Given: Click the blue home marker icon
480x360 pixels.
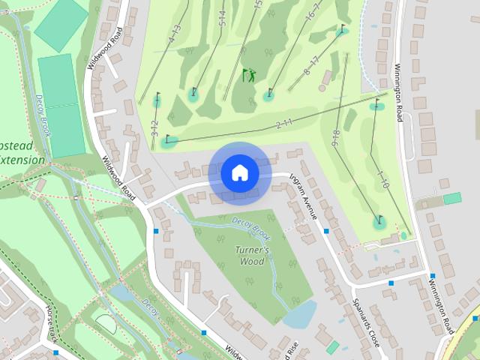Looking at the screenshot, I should [x=240, y=173].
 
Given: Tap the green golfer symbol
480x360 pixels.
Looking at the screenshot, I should [x=248, y=75].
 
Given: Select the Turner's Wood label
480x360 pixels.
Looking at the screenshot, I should [x=252, y=256].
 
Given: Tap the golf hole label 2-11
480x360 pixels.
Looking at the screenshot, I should [x=283, y=124].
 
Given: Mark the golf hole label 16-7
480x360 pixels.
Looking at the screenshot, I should [x=313, y=14].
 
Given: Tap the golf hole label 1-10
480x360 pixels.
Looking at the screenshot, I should [x=382, y=179].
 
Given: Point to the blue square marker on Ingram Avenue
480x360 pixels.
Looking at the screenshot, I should [x=326, y=231].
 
